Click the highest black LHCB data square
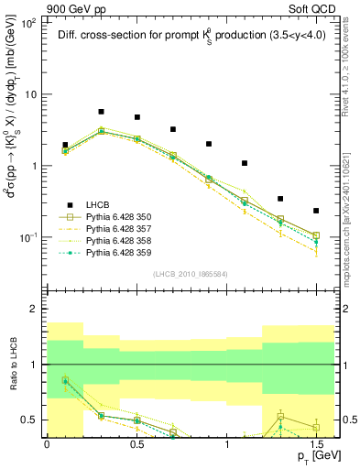(101, 112)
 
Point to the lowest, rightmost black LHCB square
(316, 211)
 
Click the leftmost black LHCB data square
(65, 145)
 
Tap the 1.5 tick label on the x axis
(316, 443)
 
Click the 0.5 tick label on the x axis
(136, 443)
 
